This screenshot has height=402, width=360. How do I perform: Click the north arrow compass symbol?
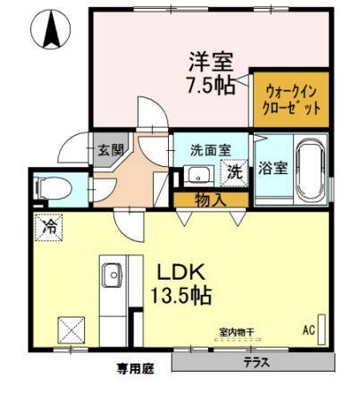[x=51, y=29]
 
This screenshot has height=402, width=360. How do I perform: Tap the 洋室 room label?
[x=211, y=62]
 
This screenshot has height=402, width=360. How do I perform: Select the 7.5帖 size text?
[x=211, y=86]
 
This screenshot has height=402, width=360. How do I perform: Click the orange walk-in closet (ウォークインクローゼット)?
[x=291, y=99]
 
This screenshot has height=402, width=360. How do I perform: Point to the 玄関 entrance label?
[x=111, y=150]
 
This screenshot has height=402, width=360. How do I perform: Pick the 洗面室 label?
[x=211, y=150]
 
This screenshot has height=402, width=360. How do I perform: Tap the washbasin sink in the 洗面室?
[x=198, y=175]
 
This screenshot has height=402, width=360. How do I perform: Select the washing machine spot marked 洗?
[x=234, y=173]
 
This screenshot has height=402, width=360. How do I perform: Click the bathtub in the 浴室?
[x=311, y=170]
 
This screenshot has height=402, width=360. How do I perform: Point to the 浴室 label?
[x=272, y=168]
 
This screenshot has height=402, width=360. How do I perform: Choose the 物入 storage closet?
[x=211, y=200]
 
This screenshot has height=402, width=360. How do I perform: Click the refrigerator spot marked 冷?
[x=48, y=227]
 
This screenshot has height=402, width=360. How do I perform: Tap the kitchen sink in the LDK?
[x=112, y=275]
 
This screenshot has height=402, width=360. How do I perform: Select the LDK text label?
[x=181, y=272]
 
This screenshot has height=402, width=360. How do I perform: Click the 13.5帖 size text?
[x=181, y=295]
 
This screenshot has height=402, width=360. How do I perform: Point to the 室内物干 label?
[x=236, y=331]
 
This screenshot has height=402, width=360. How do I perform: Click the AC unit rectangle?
[x=322, y=330]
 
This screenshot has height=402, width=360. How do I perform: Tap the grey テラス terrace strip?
[x=254, y=362]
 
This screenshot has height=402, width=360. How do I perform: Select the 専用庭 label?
[x=135, y=369]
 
